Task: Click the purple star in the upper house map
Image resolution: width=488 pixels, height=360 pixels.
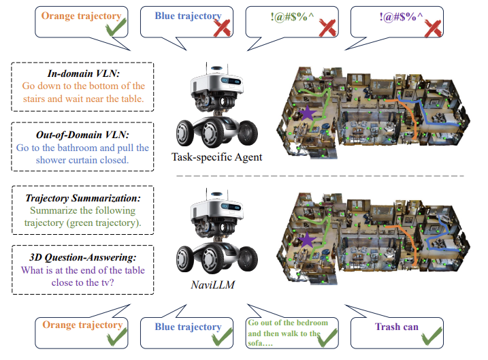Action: (308, 113)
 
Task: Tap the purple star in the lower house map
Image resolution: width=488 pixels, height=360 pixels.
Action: (309, 239)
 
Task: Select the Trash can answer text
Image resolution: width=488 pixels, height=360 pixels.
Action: (397, 327)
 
